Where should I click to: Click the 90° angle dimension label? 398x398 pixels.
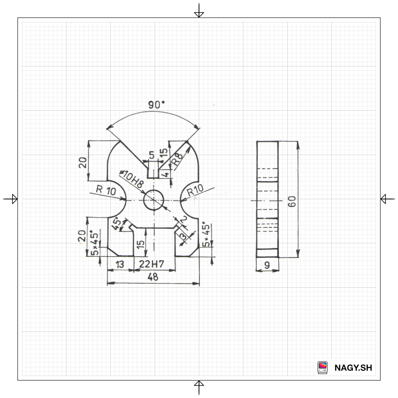click(x=156, y=105)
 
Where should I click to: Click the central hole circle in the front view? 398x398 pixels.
click(x=154, y=200)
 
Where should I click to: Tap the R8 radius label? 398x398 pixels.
click(x=177, y=159)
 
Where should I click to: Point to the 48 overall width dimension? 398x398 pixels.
click(x=153, y=278)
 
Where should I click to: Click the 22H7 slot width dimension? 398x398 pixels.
click(x=152, y=265)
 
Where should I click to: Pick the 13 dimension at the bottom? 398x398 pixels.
click(x=120, y=265)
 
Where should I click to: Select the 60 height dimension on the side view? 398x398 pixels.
click(x=292, y=202)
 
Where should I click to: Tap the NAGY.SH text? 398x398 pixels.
click(x=353, y=367)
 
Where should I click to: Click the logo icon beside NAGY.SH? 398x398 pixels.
click(x=323, y=367)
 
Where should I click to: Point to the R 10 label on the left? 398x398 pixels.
click(x=106, y=190)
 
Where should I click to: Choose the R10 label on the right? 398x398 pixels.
click(x=195, y=192)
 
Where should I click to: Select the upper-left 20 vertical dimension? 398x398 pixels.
click(x=83, y=161)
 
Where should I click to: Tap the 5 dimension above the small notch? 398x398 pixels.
click(x=151, y=155)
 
